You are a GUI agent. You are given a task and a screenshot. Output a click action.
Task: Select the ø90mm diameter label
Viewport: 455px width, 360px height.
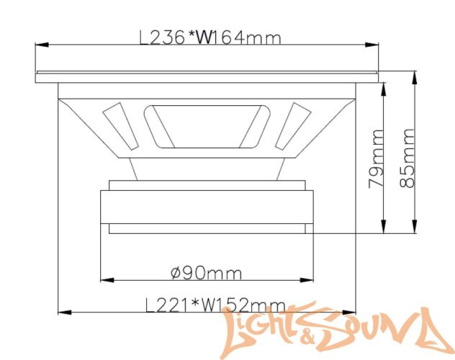pos(206,274)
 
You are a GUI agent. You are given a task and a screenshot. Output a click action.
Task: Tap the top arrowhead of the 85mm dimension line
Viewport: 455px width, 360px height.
pos(415,74)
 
